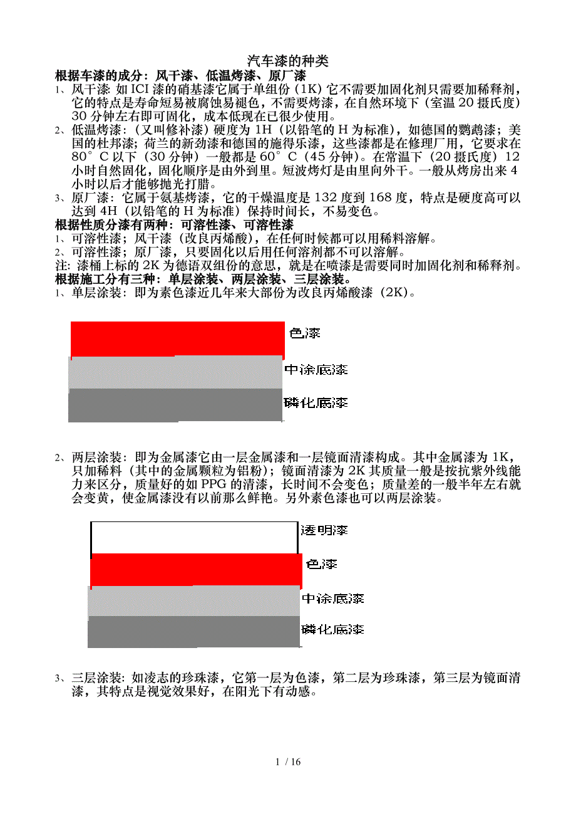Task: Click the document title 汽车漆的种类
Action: [x=287, y=61]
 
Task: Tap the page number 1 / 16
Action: [x=288, y=762]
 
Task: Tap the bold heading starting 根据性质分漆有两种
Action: [x=174, y=225]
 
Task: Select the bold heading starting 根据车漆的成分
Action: [x=180, y=76]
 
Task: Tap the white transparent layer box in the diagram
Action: [x=193, y=538]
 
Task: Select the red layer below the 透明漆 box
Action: [x=196, y=570]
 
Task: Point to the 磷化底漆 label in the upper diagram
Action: [x=316, y=402]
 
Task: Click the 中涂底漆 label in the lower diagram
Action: [x=332, y=599]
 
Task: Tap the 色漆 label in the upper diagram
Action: [x=305, y=333]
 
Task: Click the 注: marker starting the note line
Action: [x=63, y=266]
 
